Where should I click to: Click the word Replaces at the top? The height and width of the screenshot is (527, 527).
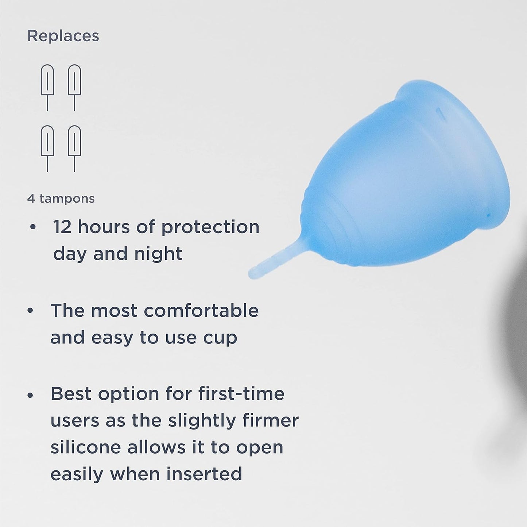63,36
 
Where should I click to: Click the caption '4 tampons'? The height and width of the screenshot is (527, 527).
61,199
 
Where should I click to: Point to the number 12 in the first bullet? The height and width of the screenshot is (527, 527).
62,227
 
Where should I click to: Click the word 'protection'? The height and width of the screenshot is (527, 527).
210,227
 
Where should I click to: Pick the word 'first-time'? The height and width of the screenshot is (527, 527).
241,394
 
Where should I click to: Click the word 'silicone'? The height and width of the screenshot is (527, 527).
85,447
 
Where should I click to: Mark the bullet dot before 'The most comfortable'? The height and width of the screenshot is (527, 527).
31,311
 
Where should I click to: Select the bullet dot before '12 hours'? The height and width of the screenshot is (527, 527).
33,227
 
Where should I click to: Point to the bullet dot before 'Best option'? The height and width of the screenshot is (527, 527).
31,395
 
